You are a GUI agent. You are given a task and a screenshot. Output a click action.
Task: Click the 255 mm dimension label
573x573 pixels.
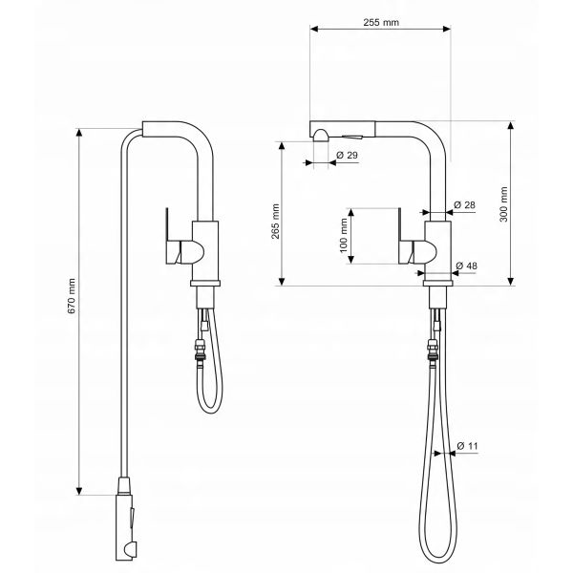click(381, 23)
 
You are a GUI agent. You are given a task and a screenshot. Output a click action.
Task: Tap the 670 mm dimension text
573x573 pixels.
click(72, 296)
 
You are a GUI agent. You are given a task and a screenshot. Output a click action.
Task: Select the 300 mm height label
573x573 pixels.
click(503, 204)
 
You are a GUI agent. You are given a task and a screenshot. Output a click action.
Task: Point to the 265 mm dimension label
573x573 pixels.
click(275, 222)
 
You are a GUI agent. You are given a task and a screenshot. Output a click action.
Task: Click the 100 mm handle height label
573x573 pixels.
click(344, 235)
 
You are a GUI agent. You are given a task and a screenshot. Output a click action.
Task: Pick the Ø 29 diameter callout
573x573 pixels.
click(348, 156)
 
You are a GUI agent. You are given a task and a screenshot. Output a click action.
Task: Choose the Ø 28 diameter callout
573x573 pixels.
click(464, 205)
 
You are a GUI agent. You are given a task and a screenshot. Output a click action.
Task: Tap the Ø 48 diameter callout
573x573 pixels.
click(467, 265)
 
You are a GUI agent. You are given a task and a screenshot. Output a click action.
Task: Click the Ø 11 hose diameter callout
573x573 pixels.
click(467, 446)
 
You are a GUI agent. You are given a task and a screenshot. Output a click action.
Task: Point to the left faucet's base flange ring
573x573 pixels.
click(205, 284)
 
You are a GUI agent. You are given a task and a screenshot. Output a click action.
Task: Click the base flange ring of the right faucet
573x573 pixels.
click(437, 284)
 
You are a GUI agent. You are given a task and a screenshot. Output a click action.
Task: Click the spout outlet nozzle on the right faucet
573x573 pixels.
click(321, 136)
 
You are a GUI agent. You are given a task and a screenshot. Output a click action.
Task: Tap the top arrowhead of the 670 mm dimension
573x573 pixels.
click(79, 133)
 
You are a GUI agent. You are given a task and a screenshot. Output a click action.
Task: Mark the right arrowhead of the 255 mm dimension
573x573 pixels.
click(447, 29)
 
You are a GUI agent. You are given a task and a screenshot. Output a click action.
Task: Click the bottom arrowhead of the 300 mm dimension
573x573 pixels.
click(511, 282)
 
